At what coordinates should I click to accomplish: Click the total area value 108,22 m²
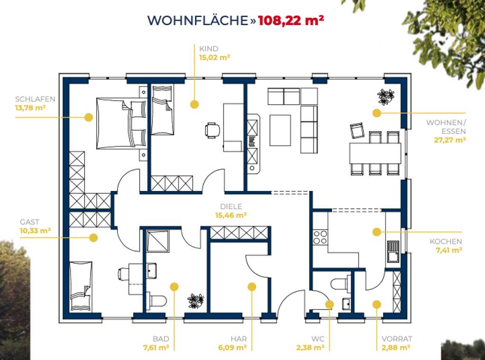pos(291,21)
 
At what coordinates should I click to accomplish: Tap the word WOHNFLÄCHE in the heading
pos(198,21)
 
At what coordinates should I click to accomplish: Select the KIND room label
pos(208,48)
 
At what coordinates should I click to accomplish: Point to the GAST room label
pos(29,222)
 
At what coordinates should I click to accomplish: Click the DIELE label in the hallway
pos(231,207)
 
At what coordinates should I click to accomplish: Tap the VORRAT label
pos(397,339)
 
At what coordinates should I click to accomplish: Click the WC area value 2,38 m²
pos(311,347)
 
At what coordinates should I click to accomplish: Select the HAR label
pos(238,339)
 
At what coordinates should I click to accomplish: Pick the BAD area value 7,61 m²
pos(156,347)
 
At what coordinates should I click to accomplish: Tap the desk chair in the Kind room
pos(213,129)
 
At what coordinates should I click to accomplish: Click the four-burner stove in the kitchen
pos(320,237)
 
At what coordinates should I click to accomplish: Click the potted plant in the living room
pos(385,97)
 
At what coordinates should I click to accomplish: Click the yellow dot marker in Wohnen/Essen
pos(377,113)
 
